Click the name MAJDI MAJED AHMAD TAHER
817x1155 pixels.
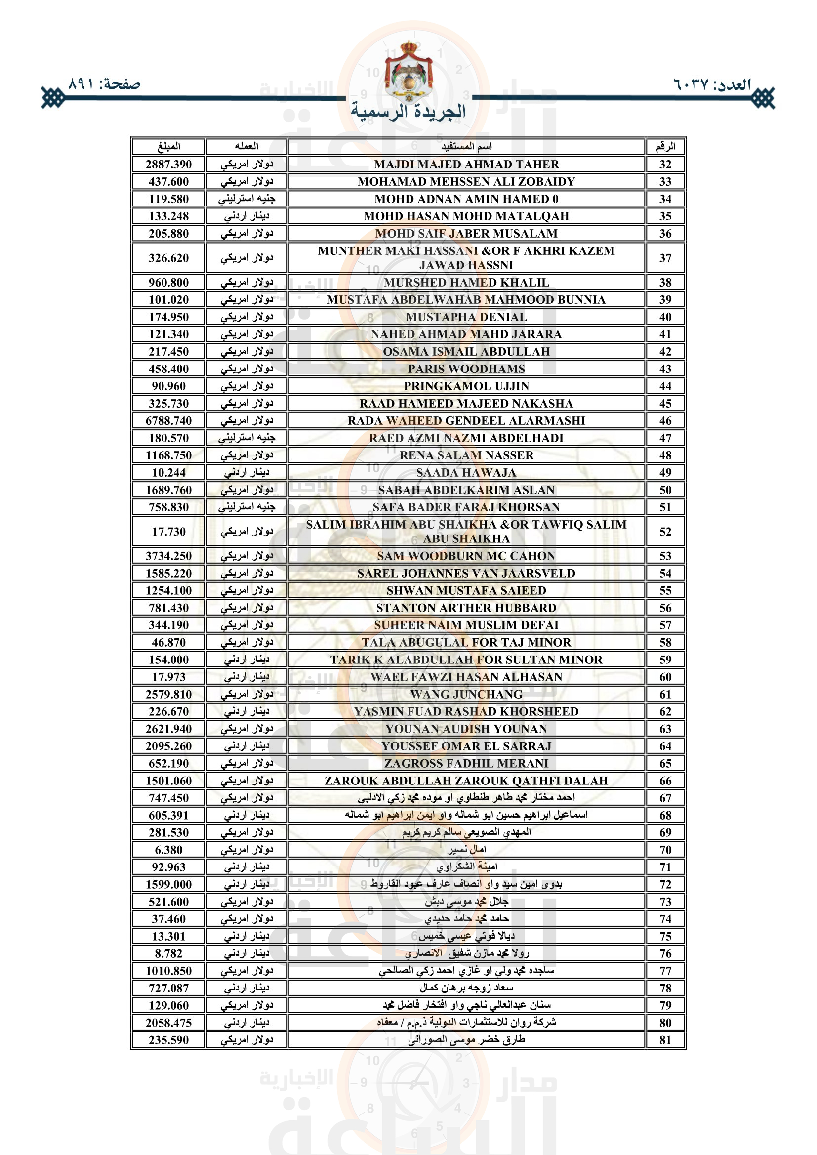pos(466,164)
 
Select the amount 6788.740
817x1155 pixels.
pos(168,420)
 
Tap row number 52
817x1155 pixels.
pos(665,531)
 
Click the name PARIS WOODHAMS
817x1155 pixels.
pos(466,369)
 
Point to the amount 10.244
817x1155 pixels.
pos(168,472)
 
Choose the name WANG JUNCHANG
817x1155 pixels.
pos(466,694)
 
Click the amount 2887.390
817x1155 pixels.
pos(168,164)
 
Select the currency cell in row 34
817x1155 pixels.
pos(246,199)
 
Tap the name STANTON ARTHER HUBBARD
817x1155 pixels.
pos(466,608)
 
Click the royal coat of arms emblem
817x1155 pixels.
pos(408,71)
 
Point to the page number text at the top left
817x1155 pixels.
pos(104,84)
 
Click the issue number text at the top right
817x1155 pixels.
pos(712,84)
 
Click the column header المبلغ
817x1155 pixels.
pos(168,146)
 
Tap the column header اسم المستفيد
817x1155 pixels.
pos(466,146)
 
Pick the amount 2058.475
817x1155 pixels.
pos(168,1023)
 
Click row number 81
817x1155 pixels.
pos(665,1040)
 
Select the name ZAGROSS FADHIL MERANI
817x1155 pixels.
pos(466,763)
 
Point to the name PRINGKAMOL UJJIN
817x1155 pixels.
pos(466,386)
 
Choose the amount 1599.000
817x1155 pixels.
pos(168,884)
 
